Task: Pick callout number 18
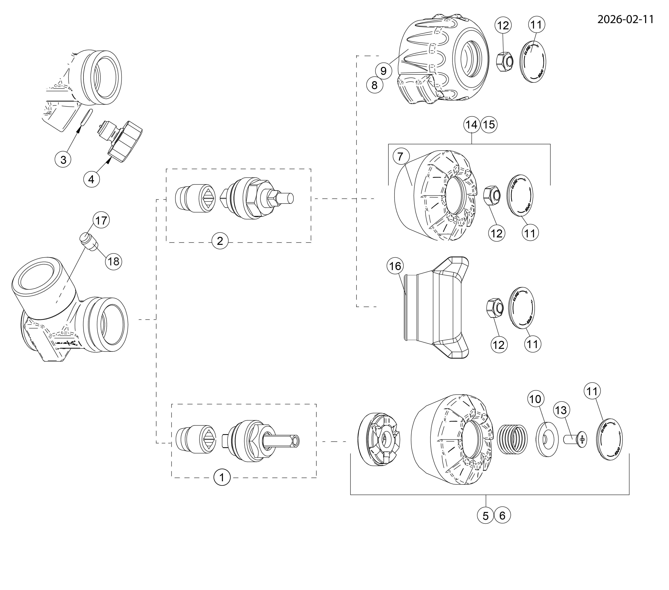coord(114,262)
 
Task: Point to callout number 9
coord(384,71)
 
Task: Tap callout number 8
coord(374,85)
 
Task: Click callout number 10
coord(536,399)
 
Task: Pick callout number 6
coord(502,516)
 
